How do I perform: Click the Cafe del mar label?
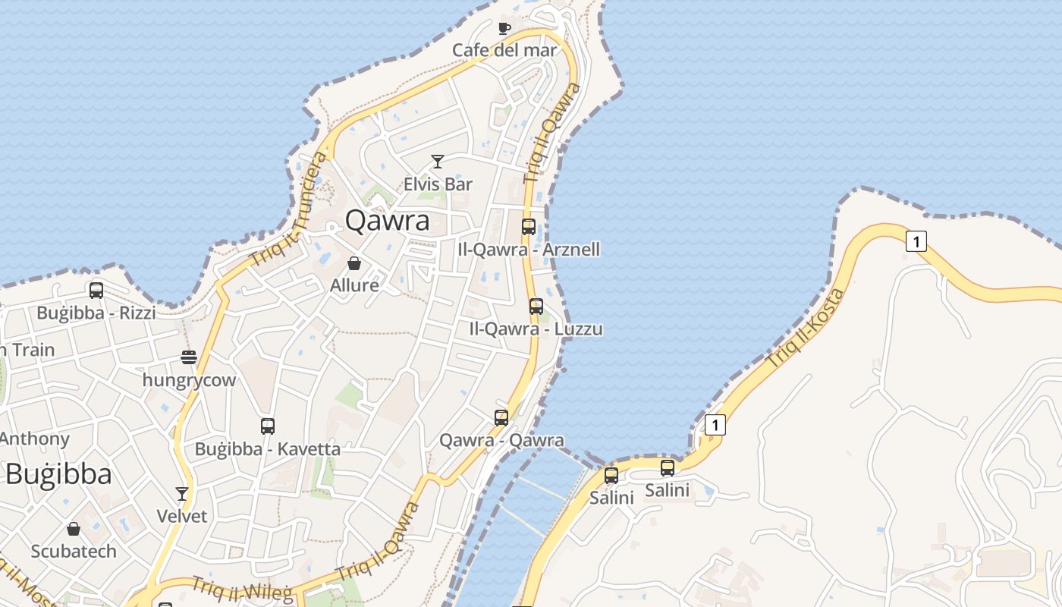[x=504, y=50]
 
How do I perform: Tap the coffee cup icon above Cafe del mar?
[x=504, y=29]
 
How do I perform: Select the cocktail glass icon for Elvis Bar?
[x=438, y=161]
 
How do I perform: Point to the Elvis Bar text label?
[x=438, y=184]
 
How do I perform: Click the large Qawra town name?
[x=387, y=220]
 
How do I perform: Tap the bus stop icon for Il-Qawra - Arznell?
[x=529, y=226]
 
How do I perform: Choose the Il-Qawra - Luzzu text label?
[x=536, y=329]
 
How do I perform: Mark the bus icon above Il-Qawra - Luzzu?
[x=536, y=307]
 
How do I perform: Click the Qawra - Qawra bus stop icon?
[x=501, y=418]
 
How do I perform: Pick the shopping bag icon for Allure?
[x=354, y=263]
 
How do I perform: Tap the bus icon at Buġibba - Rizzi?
[x=96, y=290]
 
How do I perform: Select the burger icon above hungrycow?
[x=189, y=357]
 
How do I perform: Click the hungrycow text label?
[x=190, y=380]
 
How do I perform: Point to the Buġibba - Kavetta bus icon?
[x=268, y=426]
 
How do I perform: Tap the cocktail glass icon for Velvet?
[x=182, y=494]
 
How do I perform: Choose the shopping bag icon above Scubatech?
[x=74, y=529]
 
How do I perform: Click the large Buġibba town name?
[x=58, y=474]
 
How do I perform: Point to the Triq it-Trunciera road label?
[x=290, y=207]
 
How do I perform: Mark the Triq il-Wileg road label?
[x=242, y=590]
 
